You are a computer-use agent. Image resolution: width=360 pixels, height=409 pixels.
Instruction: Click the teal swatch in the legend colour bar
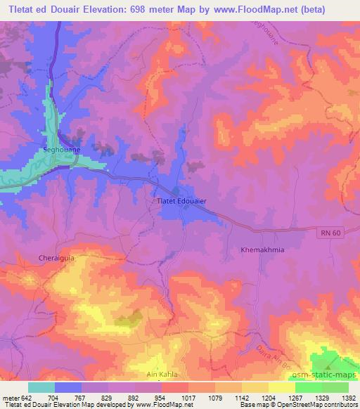pyautogui.click(x=41, y=388)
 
